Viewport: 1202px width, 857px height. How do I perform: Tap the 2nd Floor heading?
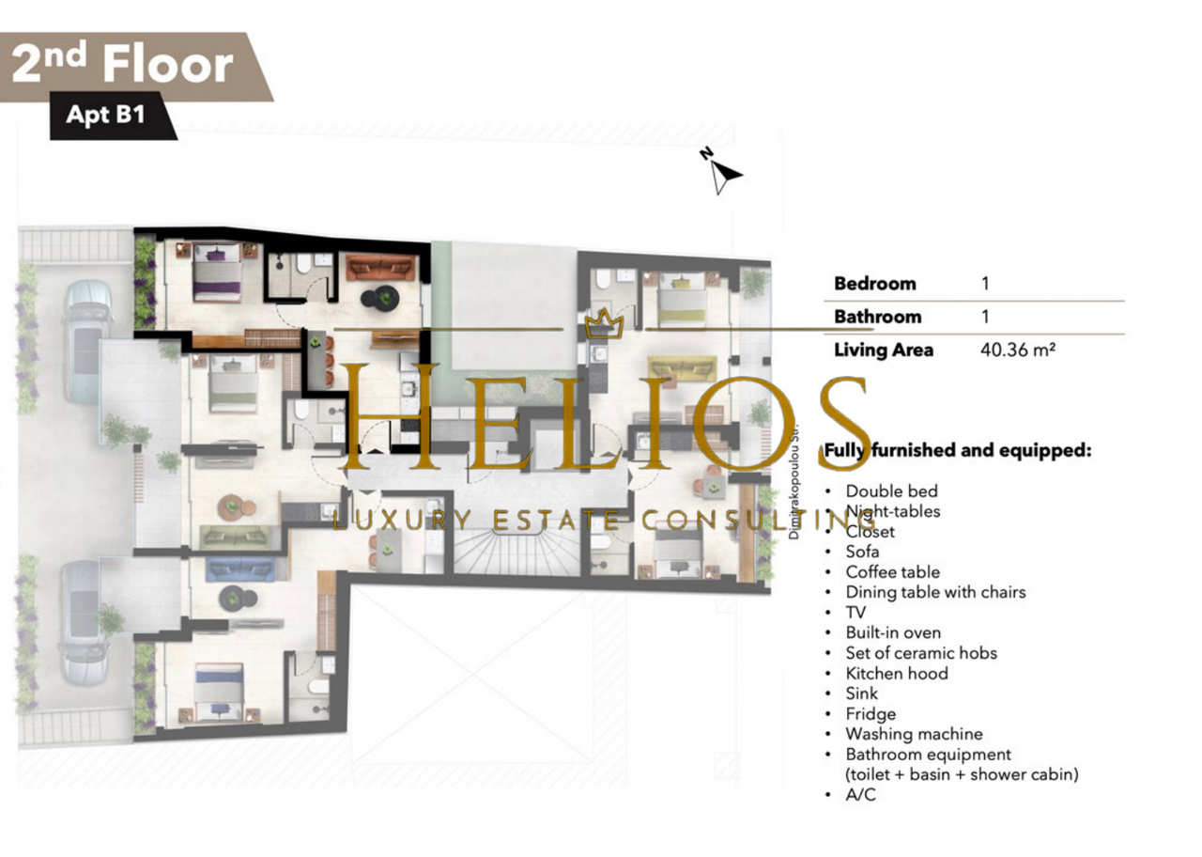click(122, 65)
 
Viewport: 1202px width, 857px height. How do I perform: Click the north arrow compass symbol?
click(721, 171)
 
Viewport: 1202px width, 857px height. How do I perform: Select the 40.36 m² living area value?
click(1017, 351)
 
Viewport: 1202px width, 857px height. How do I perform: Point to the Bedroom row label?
click(874, 284)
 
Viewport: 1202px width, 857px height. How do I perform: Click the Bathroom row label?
click(877, 317)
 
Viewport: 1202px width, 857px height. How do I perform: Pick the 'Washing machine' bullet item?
click(914, 734)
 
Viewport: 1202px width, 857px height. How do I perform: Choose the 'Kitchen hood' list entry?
click(897, 674)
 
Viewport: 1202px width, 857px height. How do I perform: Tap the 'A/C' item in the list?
click(860, 795)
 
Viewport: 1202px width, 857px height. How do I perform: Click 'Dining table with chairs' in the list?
click(935, 592)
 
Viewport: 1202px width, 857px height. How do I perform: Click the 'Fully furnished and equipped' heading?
click(958, 450)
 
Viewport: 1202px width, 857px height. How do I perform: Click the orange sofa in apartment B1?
click(381, 268)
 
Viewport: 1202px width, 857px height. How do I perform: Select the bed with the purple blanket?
click(217, 273)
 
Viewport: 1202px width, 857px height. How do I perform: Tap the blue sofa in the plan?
click(240, 569)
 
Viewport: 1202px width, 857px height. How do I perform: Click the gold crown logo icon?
click(604, 323)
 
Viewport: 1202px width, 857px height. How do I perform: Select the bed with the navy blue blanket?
click(219, 693)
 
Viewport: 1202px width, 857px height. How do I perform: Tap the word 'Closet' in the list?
click(870, 532)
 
